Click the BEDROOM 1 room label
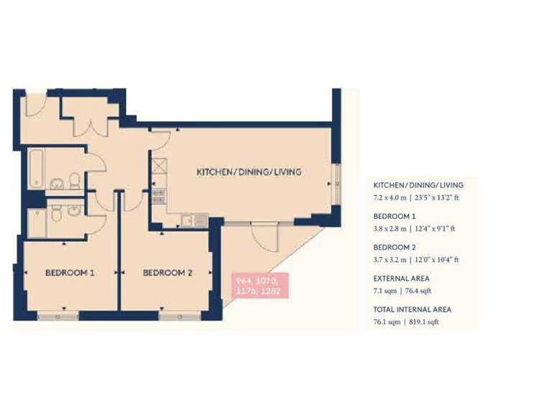click(70, 273)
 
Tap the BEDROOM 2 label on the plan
click(168, 273)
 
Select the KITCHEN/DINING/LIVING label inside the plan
click(249, 172)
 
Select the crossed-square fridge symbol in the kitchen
click(158, 166)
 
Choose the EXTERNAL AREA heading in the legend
click(400, 278)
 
